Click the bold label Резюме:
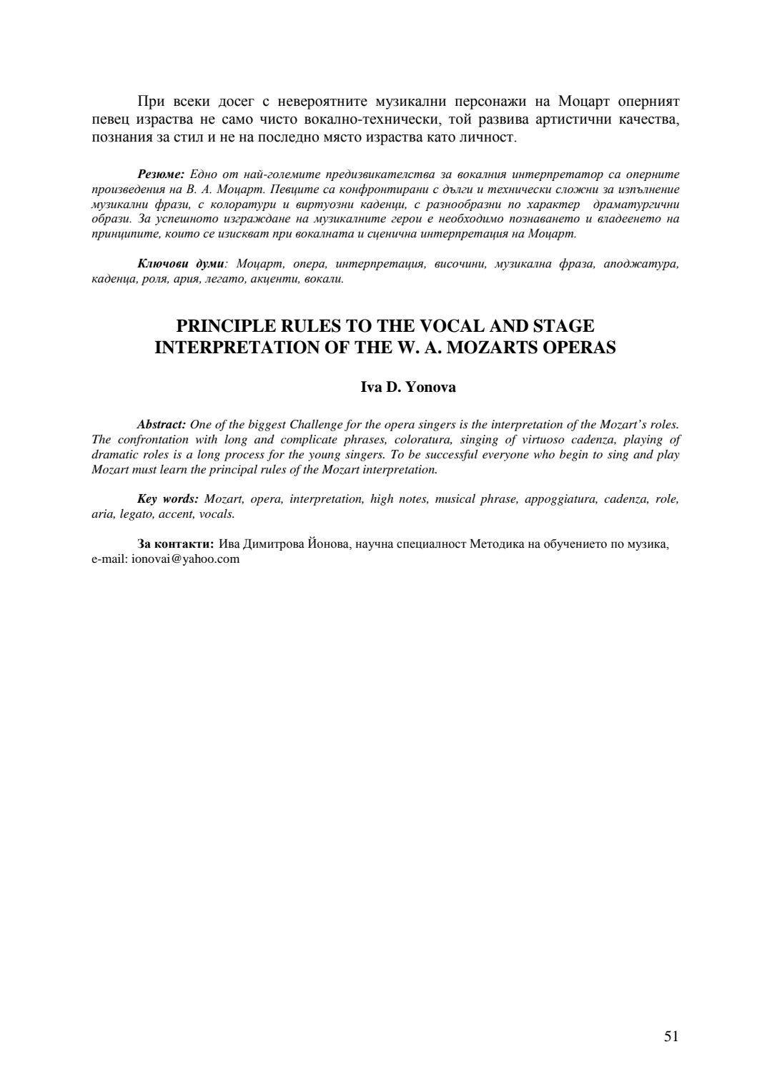tap(161, 174)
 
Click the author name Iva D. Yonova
tap(408, 388)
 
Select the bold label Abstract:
tap(162, 425)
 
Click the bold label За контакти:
tap(175, 545)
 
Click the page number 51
tap(670, 1036)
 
